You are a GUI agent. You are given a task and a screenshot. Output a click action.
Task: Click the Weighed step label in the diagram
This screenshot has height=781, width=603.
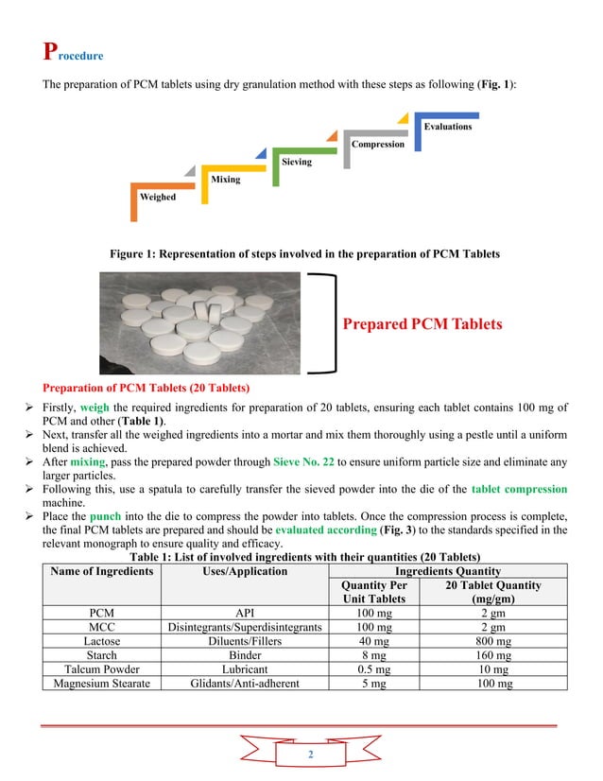pyautogui.click(x=157, y=198)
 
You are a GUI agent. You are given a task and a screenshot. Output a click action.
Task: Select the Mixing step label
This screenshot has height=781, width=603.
pyautogui.click(x=225, y=180)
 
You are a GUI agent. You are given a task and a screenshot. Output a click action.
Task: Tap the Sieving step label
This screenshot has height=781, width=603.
pyautogui.click(x=296, y=162)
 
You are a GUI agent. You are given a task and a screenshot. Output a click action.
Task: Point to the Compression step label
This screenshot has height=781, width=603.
pyautogui.click(x=378, y=144)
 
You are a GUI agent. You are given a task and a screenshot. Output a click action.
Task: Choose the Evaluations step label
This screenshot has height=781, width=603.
pyautogui.click(x=447, y=126)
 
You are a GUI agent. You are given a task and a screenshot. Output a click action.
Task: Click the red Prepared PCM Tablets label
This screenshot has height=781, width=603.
pyautogui.click(x=422, y=324)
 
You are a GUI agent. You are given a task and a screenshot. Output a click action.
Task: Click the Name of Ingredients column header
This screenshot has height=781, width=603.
pyautogui.click(x=101, y=571)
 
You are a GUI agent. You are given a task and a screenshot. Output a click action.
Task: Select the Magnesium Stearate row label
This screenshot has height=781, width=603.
pyautogui.click(x=101, y=683)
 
